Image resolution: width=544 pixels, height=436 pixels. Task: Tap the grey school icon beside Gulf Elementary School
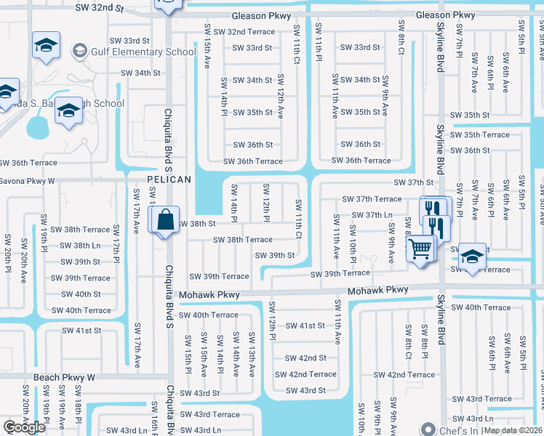pos(79,51)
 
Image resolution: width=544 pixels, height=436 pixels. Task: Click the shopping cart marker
pos(421,249)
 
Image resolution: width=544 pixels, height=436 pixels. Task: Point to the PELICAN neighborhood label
pos(169,179)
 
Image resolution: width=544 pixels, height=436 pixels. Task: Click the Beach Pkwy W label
pos(65,378)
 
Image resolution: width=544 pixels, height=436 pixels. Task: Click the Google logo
pos(25,427)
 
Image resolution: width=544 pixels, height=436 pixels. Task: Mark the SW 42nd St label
pos(305,358)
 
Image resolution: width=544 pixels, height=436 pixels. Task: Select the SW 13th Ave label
pos(252,355)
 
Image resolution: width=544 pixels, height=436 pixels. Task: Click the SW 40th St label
pos(81,294)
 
